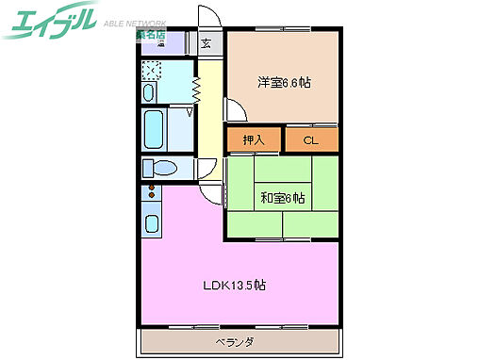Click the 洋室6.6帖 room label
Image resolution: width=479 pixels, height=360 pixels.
[x=284, y=82]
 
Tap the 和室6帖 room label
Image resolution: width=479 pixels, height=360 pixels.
[x=282, y=198]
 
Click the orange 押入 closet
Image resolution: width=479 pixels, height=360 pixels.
[x=253, y=140]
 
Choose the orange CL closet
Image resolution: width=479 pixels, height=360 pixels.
[x=309, y=140]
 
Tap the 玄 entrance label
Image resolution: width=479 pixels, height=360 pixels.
[x=206, y=42]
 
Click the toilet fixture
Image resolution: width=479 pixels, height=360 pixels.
[x=161, y=169]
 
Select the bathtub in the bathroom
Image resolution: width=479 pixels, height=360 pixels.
[x=153, y=129]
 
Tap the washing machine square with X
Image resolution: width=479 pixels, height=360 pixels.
[x=153, y=72]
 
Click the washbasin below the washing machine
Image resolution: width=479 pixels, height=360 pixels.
[x=150, y=92]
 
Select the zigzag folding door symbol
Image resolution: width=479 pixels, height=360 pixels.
[x=196, y=89]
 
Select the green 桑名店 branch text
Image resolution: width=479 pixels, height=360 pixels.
[x=149, y=35]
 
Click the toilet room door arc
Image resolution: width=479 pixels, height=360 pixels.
[x=206, y=170]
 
